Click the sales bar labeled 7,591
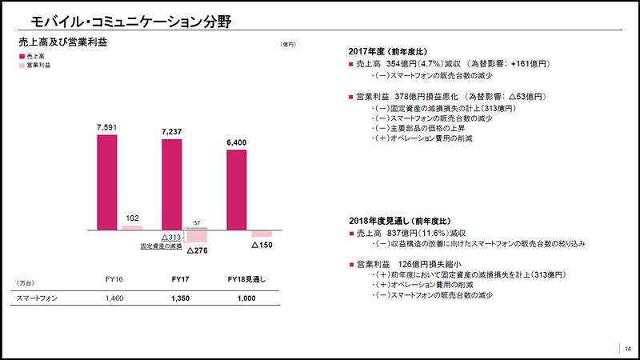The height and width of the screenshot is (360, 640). [107, 182]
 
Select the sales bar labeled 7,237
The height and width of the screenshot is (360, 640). [171, 184]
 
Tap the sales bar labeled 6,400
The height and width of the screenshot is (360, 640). [237, 190]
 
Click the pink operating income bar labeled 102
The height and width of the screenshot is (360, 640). [132, 227]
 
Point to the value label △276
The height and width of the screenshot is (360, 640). [197, 250]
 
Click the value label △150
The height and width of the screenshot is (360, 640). [262, 243]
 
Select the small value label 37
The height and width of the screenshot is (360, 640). [197, 222]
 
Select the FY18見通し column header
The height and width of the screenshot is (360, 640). [246, 279]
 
